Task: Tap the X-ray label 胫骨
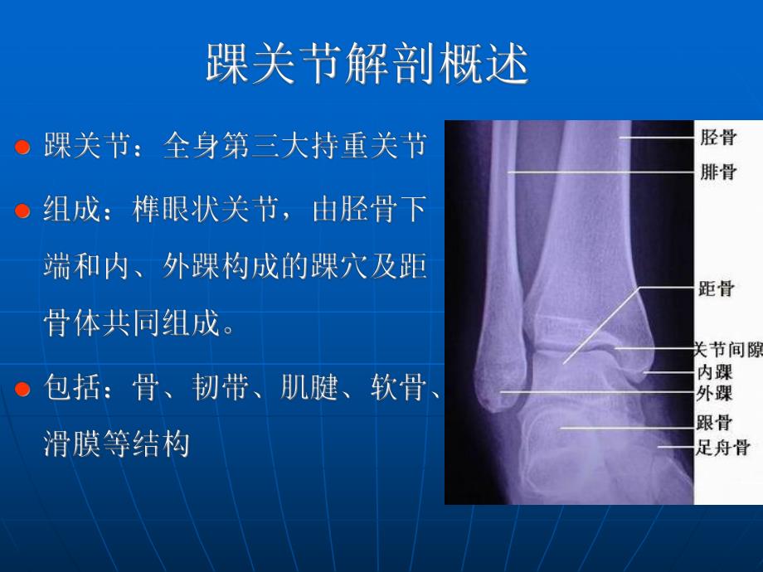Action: [717, 136]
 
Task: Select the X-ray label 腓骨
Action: [717, 172]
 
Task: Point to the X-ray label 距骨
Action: [717, 289]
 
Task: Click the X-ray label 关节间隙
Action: [727, 350]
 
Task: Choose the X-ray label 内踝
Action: [714, 372]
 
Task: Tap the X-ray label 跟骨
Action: [714, 422]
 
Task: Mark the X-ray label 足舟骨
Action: [722, 448]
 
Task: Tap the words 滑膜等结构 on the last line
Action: [116, 444]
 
